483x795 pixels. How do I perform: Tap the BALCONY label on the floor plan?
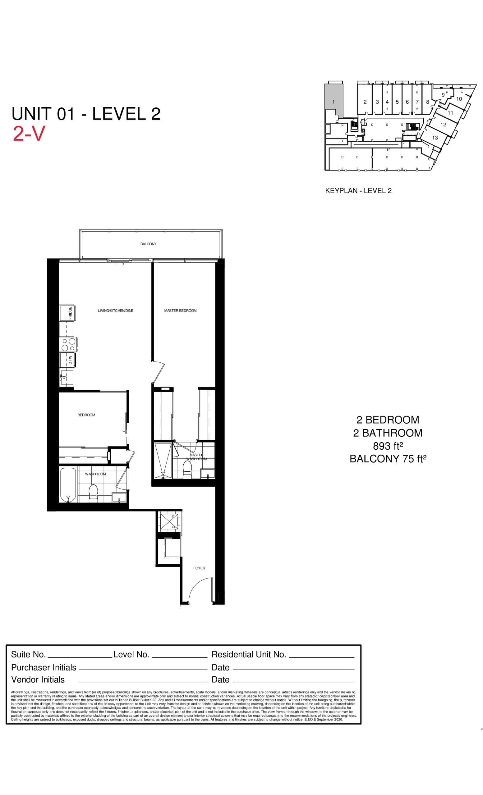pos(148,244)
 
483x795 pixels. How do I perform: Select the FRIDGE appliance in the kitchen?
pos(67,313)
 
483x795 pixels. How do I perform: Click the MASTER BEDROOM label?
pos(180,311)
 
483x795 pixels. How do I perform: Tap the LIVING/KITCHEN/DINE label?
pos(116,311)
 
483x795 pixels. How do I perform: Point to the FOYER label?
pos(199,568)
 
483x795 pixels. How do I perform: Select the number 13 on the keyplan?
pos(435,138)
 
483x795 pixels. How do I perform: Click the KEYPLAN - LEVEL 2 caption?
pos(358,191)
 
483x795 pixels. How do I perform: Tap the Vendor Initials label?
pos(38,679)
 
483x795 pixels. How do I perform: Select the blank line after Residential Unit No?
pos(322,655)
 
